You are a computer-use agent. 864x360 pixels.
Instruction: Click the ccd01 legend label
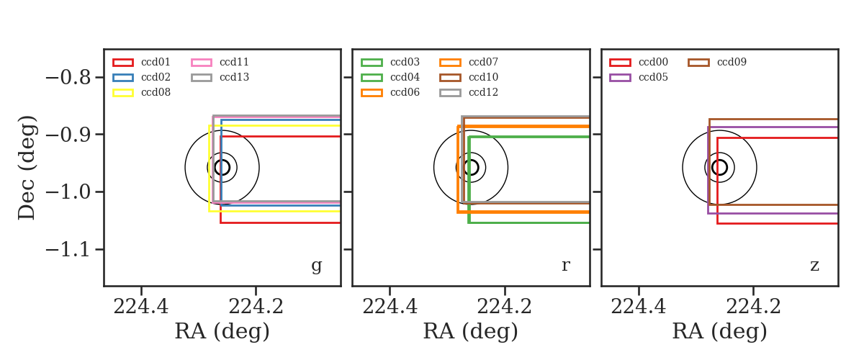[156, 62]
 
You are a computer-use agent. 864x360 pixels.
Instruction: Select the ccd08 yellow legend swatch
[123, 93]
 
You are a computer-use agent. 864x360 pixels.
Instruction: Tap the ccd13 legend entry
[220, 77]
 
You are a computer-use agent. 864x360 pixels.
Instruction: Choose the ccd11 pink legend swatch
[202, 63]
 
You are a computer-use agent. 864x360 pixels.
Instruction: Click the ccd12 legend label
[483, 92]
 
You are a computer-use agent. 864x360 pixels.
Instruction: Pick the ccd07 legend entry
[469, 62]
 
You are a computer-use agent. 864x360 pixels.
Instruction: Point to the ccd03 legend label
[405, 62]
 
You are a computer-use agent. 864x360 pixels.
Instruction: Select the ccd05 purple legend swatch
[620, 78]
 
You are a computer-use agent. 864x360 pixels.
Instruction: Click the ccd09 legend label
[732, 62]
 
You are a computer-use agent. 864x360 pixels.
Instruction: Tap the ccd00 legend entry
[639, 62]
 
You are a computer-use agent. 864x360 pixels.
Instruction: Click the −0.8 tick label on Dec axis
[68, 78]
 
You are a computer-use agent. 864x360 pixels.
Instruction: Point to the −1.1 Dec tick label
[68, 250]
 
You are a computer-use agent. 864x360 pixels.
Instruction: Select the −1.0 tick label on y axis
[68, 192]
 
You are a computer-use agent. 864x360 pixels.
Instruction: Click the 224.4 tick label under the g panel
[141, 307]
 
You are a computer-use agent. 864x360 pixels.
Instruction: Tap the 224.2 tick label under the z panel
[753, 307]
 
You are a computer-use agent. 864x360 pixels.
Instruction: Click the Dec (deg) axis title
[27, 168]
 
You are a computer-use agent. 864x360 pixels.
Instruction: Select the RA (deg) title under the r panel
[471, 332]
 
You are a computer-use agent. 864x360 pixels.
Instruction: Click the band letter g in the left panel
[316, 266]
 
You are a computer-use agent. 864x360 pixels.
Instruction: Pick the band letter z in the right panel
[814, 266]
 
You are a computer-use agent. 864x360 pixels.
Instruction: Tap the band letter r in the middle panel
[565, 266]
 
